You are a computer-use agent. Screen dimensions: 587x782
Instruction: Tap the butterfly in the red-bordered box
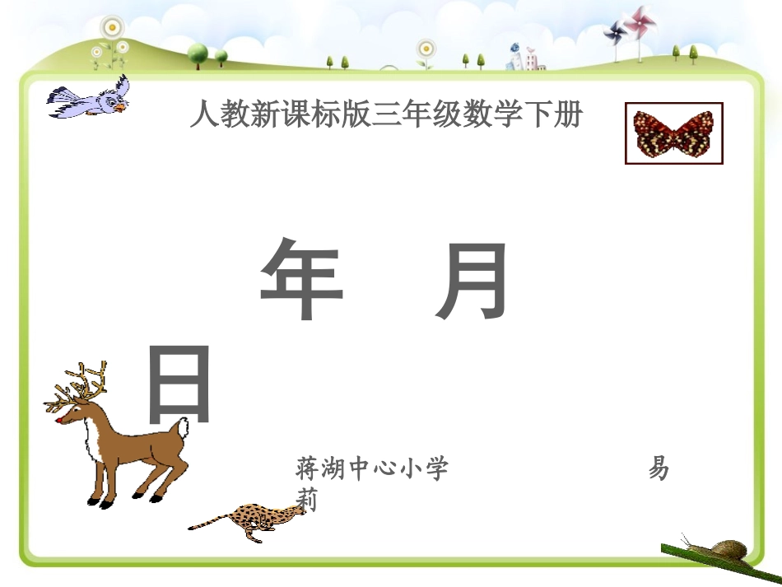pyautogui.click(x=673, y=133)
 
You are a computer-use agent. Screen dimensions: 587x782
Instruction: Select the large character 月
pyautogui.click(x=472, y=280)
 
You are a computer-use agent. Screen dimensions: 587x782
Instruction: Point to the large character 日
pyautogui.click(x=180, y=385)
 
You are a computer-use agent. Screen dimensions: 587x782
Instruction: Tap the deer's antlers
pyautogui.click(x=79, y=387)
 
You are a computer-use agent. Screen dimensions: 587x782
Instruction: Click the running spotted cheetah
pyautogui.click(x=247, y=519)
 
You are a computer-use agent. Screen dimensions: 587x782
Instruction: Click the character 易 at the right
pyautogui.click(x=659, y=469)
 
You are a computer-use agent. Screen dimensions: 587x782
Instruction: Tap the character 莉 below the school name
pyautogui.click(x=306, y=499)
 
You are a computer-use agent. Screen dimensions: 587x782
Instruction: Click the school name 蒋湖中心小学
pyautogui.click(x=372, y=469)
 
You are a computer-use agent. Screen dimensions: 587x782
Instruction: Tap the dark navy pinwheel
pyautogui.click(x=615, y=33)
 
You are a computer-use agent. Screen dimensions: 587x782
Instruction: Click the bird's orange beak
pyautogui.click(x=120, y=107)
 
